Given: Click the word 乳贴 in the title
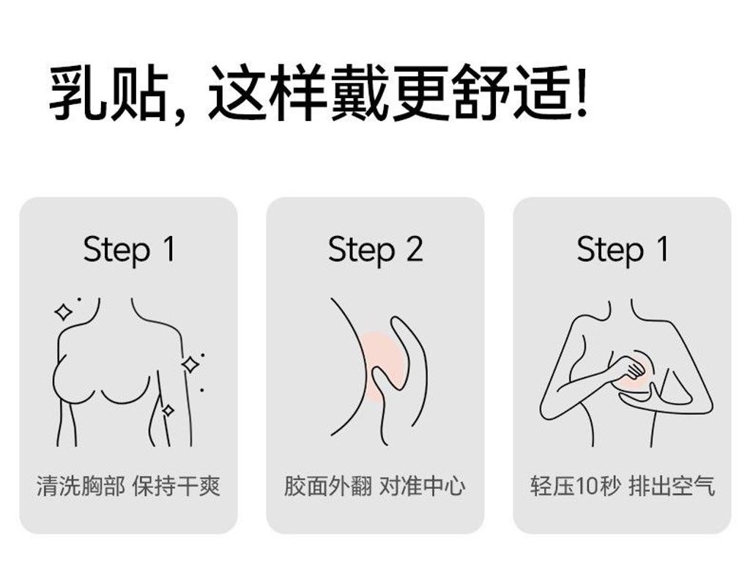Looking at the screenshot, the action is pos(110,94).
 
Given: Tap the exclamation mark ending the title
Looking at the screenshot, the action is pos(582,92).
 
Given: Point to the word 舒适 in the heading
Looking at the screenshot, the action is pos(512,94).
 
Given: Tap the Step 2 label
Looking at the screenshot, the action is pos(375,250).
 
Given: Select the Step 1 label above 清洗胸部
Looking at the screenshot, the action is pos(129,250).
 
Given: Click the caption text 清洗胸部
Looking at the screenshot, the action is pos(81,486).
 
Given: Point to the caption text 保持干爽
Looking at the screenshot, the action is pos(177,486).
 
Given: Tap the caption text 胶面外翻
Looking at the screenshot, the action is pos(327,486).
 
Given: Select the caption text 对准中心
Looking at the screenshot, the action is pos(423,486).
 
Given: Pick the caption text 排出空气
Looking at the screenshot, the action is pos(672,486).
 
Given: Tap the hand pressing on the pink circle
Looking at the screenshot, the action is pos(631,369).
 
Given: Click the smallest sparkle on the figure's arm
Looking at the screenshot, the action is pos(168,410).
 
